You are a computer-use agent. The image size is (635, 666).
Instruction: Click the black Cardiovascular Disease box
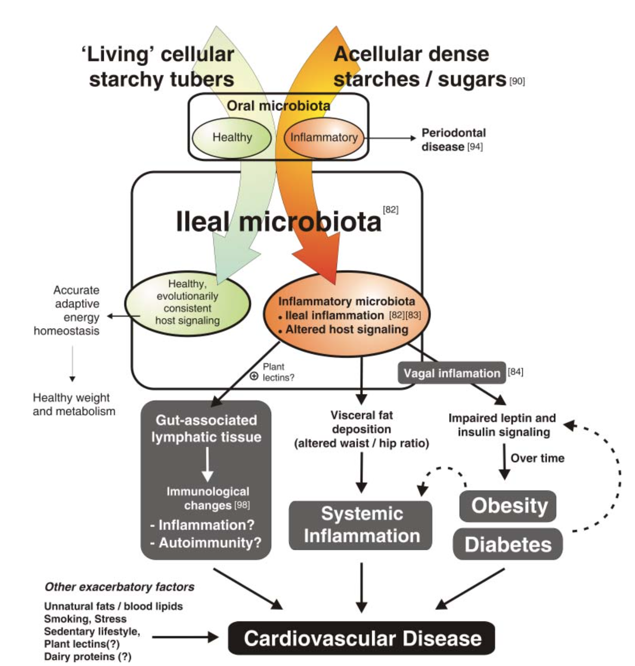(361, 638)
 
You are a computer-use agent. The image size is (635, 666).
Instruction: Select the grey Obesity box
(508, 506)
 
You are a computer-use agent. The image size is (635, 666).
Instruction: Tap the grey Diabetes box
(508, 544)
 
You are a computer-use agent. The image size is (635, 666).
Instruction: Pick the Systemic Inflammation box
(361, 525)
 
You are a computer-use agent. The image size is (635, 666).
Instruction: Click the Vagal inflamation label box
(451, 373)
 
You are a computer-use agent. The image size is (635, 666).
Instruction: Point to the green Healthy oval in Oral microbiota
(231, 137)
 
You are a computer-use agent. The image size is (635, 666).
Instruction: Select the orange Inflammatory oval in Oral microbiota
(324, 137)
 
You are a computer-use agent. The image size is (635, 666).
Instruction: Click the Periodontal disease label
(453, 140)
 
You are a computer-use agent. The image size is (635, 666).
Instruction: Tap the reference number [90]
(517, 81)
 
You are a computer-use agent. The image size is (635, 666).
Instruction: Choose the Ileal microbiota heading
(278, 221)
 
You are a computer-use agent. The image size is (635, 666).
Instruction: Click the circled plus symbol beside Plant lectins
(254, 376)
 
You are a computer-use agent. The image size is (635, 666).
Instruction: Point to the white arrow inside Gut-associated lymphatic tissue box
(207, 465)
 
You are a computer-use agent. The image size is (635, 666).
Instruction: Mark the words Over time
(537, 458)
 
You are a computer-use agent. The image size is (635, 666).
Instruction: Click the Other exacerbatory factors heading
(119, 587)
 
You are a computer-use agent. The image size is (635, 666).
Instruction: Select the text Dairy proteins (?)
(87, 656)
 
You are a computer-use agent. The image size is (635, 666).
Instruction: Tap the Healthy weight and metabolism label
(74, 404)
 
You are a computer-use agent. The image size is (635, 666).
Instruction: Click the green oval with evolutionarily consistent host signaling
(187, 303)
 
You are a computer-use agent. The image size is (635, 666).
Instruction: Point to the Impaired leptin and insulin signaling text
(503, 425)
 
